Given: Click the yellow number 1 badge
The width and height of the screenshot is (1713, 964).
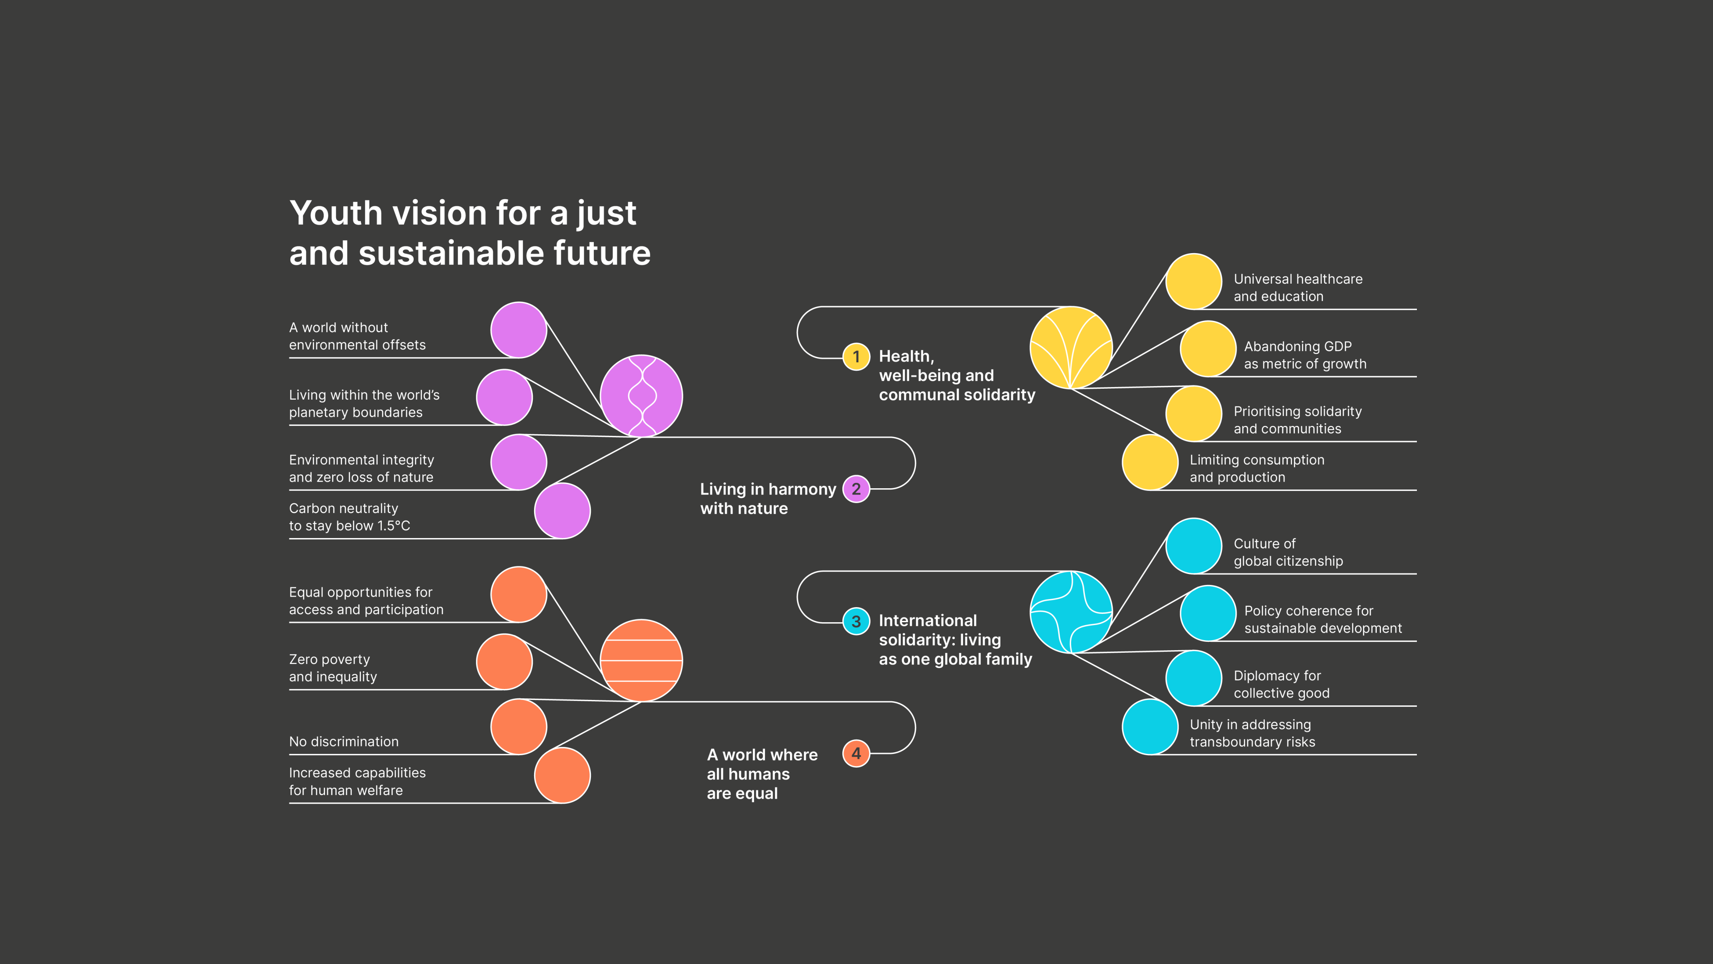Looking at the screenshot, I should [856, 356].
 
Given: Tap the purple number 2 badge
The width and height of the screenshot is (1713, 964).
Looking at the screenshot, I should [856, 489].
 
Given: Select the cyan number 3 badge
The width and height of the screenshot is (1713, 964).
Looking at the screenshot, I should [856, 621].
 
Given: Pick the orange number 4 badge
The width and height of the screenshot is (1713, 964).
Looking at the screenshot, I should [856, 753].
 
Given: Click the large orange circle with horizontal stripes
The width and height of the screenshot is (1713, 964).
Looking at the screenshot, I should [641, 660].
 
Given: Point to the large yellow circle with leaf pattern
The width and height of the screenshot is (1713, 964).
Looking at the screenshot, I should [1071, 347].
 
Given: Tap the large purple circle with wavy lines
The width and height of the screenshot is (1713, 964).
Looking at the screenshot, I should [641, 396].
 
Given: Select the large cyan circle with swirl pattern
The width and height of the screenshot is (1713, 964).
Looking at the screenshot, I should [1071, 611].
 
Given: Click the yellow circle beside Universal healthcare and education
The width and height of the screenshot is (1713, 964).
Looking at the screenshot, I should [1194, 282].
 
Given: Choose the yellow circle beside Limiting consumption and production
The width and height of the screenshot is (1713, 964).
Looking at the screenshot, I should [1150, 462].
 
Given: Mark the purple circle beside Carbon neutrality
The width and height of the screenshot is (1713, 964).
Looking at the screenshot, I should [562, 510].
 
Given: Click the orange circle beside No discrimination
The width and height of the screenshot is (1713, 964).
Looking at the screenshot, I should [519, 726].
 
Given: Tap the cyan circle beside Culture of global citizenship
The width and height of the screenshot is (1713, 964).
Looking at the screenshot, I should [1194, 546].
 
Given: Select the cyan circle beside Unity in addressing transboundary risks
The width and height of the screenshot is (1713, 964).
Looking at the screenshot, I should [1150, 726].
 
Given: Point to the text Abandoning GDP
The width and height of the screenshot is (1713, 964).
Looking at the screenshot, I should [1297, 346].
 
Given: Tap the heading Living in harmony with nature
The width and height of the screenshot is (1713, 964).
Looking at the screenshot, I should [767, 498].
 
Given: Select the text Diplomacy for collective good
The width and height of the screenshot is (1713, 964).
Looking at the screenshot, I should [1281, 684].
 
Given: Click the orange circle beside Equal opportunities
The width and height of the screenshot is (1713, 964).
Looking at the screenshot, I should [519, 594].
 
